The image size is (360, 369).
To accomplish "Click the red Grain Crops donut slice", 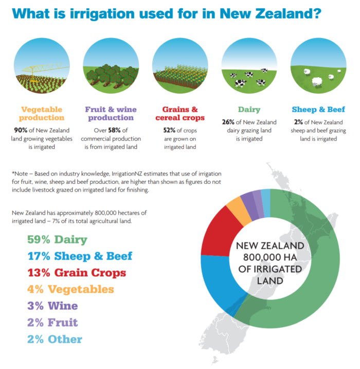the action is [x=218, y=235].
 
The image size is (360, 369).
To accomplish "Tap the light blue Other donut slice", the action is [x=266, y=203].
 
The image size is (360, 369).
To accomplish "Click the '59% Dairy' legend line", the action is [x=57, y=240].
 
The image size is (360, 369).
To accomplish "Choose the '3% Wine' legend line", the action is [x=52, y=306].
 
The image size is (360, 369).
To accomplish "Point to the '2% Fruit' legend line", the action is [x=52, y=322].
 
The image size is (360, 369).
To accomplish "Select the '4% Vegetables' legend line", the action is [x=70, y=289].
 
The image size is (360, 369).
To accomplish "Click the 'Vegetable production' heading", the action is [x=42, y=113].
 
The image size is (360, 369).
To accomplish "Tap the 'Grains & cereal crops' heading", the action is [x=180, y=113].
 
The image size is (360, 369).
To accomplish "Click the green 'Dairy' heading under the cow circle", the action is [x=249, y=110].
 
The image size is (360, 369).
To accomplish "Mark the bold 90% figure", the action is [x=21, y=130].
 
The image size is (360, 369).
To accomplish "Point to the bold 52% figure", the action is [x=169, y=130].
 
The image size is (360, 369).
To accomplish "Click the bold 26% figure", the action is [x=228, y=122].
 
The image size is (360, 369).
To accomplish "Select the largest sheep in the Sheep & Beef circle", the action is [x=317, y=82].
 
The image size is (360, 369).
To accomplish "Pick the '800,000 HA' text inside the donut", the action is [x=270, y=257].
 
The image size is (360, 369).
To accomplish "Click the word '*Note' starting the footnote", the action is [x=20, y=173].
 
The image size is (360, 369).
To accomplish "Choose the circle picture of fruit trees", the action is [x=111, y=66].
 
